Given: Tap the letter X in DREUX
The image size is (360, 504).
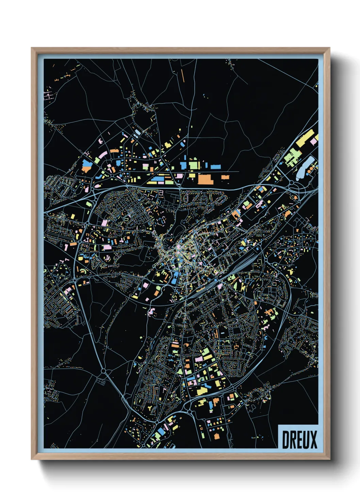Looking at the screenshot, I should point(313,440).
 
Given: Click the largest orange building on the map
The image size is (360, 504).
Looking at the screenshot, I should point(206,179).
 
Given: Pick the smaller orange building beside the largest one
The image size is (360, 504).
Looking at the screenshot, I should point(225,177).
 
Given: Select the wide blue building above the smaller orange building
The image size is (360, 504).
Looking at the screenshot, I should point(215,167).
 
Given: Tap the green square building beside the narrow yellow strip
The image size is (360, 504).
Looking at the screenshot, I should point(193,166).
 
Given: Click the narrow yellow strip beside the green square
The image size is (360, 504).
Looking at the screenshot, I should point(199,165).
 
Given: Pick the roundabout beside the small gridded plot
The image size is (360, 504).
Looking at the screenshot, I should point(104,371).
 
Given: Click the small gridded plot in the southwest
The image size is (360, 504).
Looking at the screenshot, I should point(101,381).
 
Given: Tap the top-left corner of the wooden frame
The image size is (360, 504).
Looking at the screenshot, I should point(32,48).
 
